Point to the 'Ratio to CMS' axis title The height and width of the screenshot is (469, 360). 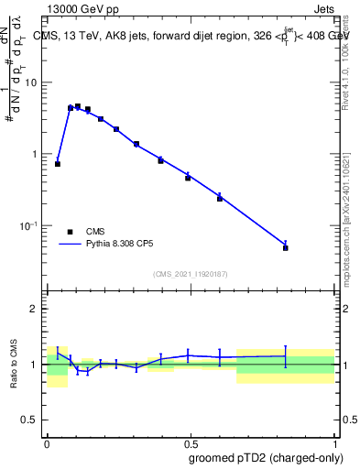tap(15, 365)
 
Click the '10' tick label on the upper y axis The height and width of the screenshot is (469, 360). tap(31, 82)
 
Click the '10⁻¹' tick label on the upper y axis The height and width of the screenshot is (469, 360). tap(29, 225)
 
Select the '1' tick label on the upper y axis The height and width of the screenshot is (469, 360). tap(35, 154)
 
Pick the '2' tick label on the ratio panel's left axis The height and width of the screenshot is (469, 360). tap(35, 309)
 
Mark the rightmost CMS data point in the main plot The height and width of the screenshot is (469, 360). tap(286, 247)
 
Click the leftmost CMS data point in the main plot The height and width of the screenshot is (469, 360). tap(58, 164)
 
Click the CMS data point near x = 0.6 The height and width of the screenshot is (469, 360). tap(220, 198)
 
